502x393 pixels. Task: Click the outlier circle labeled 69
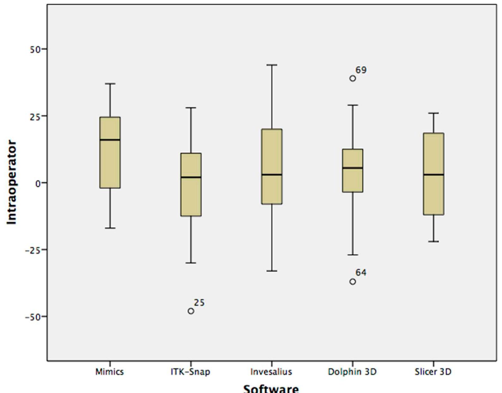pyautogui.click(x=352, y=78)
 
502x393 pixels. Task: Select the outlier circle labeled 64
pyautogui.click(x=352, y=282)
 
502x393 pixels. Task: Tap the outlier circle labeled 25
pyautogui.click(x=191, y=311)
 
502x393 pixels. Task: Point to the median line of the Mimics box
pyautogui.click(x=110, y=140)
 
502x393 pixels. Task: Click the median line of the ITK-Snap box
pyautogui.click(x=191, y=177)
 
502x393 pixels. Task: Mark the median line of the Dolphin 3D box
pyautogui.click(x=352, y=168)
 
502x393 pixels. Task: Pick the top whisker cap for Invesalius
pyautogui.click(x=272, y=65)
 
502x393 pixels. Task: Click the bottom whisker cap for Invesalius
pyautogui.click(x=272, y=271)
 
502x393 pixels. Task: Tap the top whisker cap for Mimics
pyautogui.click(x=110, y=84)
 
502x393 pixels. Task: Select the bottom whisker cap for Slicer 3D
pyautogui.click(x=433, y=241)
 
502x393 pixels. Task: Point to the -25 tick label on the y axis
pyautogui.click(x=32, y=250)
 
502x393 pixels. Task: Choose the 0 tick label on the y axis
pyautogui.click(x=38, y=183)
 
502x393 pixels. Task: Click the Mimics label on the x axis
pyautogui.click(x=109, y=372)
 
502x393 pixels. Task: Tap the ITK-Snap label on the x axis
pyautogui.click(x=190, y=372)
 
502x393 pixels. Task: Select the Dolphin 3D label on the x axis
pyautogui.click(x=352, y=372)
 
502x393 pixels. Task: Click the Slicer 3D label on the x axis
pyautogui.click(x=433, y=372)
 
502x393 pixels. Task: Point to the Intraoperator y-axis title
pyautogui.click(x=11, y=182)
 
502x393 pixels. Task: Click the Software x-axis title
pyautogui.click(x=271, y=389)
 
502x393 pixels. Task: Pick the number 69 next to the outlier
pyautogui.click(x=361, y=70)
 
